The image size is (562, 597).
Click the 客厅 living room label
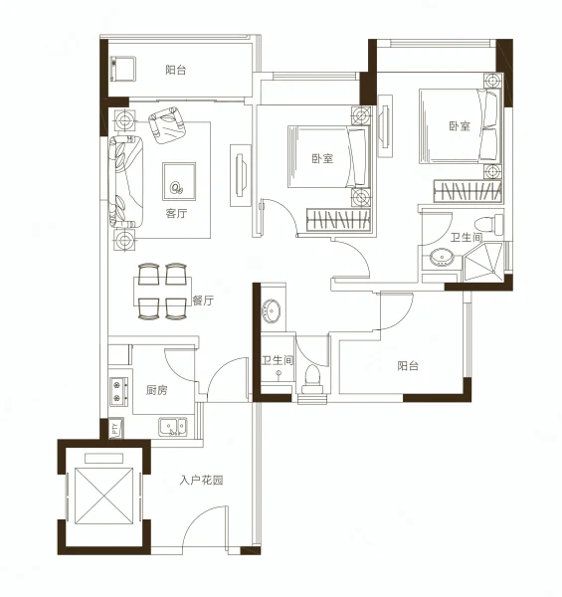coord(176,213)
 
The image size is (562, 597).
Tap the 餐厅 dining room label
coord(203,300)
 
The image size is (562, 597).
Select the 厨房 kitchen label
coord(157,390)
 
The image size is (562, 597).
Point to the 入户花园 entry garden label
coord(201,481)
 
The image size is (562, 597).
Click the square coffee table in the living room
coord(179,181)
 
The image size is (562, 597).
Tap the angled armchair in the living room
coord(167,125)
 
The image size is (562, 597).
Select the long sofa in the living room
coord(126,182)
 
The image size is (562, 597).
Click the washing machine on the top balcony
coord(122,69)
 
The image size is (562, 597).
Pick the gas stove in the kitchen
coord(118,390)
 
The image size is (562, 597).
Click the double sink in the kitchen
coord(173,427)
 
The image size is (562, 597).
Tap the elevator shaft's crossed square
coord(103,497)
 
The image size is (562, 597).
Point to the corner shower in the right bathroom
coord(483,263)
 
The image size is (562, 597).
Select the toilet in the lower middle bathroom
coord(312,379)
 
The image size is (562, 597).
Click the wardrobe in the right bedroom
coord(468,191)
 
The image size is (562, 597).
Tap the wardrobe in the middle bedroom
coord(338,220)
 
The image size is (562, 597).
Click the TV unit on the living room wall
coord(241,175)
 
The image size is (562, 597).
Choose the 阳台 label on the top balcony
coord(176,70)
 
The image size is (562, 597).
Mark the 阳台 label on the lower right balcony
coord(408,366)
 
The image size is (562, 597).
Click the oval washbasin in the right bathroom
coord(442,257)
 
